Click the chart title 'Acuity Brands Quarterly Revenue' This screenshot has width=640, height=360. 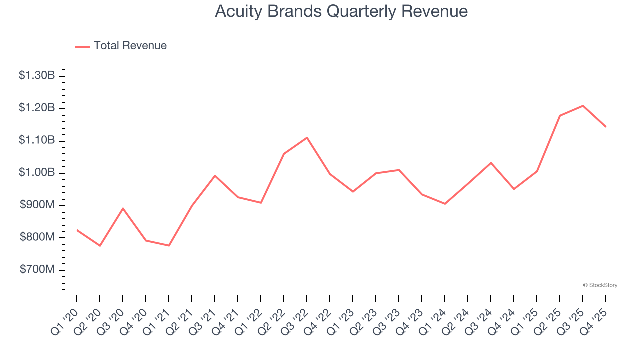(341, 11)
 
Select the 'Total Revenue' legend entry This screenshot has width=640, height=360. (130, 46)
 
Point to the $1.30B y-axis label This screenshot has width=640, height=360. (37, 76)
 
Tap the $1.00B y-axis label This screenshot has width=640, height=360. (37, 173)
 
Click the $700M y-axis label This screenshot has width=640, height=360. (37, 270)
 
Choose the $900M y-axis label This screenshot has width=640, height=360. (37, 205)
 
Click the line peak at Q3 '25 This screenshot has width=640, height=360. (583, 106)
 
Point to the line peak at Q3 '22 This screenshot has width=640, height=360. (307, 137)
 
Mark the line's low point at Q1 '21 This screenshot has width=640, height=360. (169, 245)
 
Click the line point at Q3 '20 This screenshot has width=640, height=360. (123, 208)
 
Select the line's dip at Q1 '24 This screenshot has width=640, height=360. (445, 204)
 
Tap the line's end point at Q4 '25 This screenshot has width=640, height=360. (606, 127)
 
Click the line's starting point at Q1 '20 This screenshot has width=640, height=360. (77, 230)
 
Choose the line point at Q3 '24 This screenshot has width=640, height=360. (491, 163)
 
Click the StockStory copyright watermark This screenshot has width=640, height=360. (600, 285)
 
